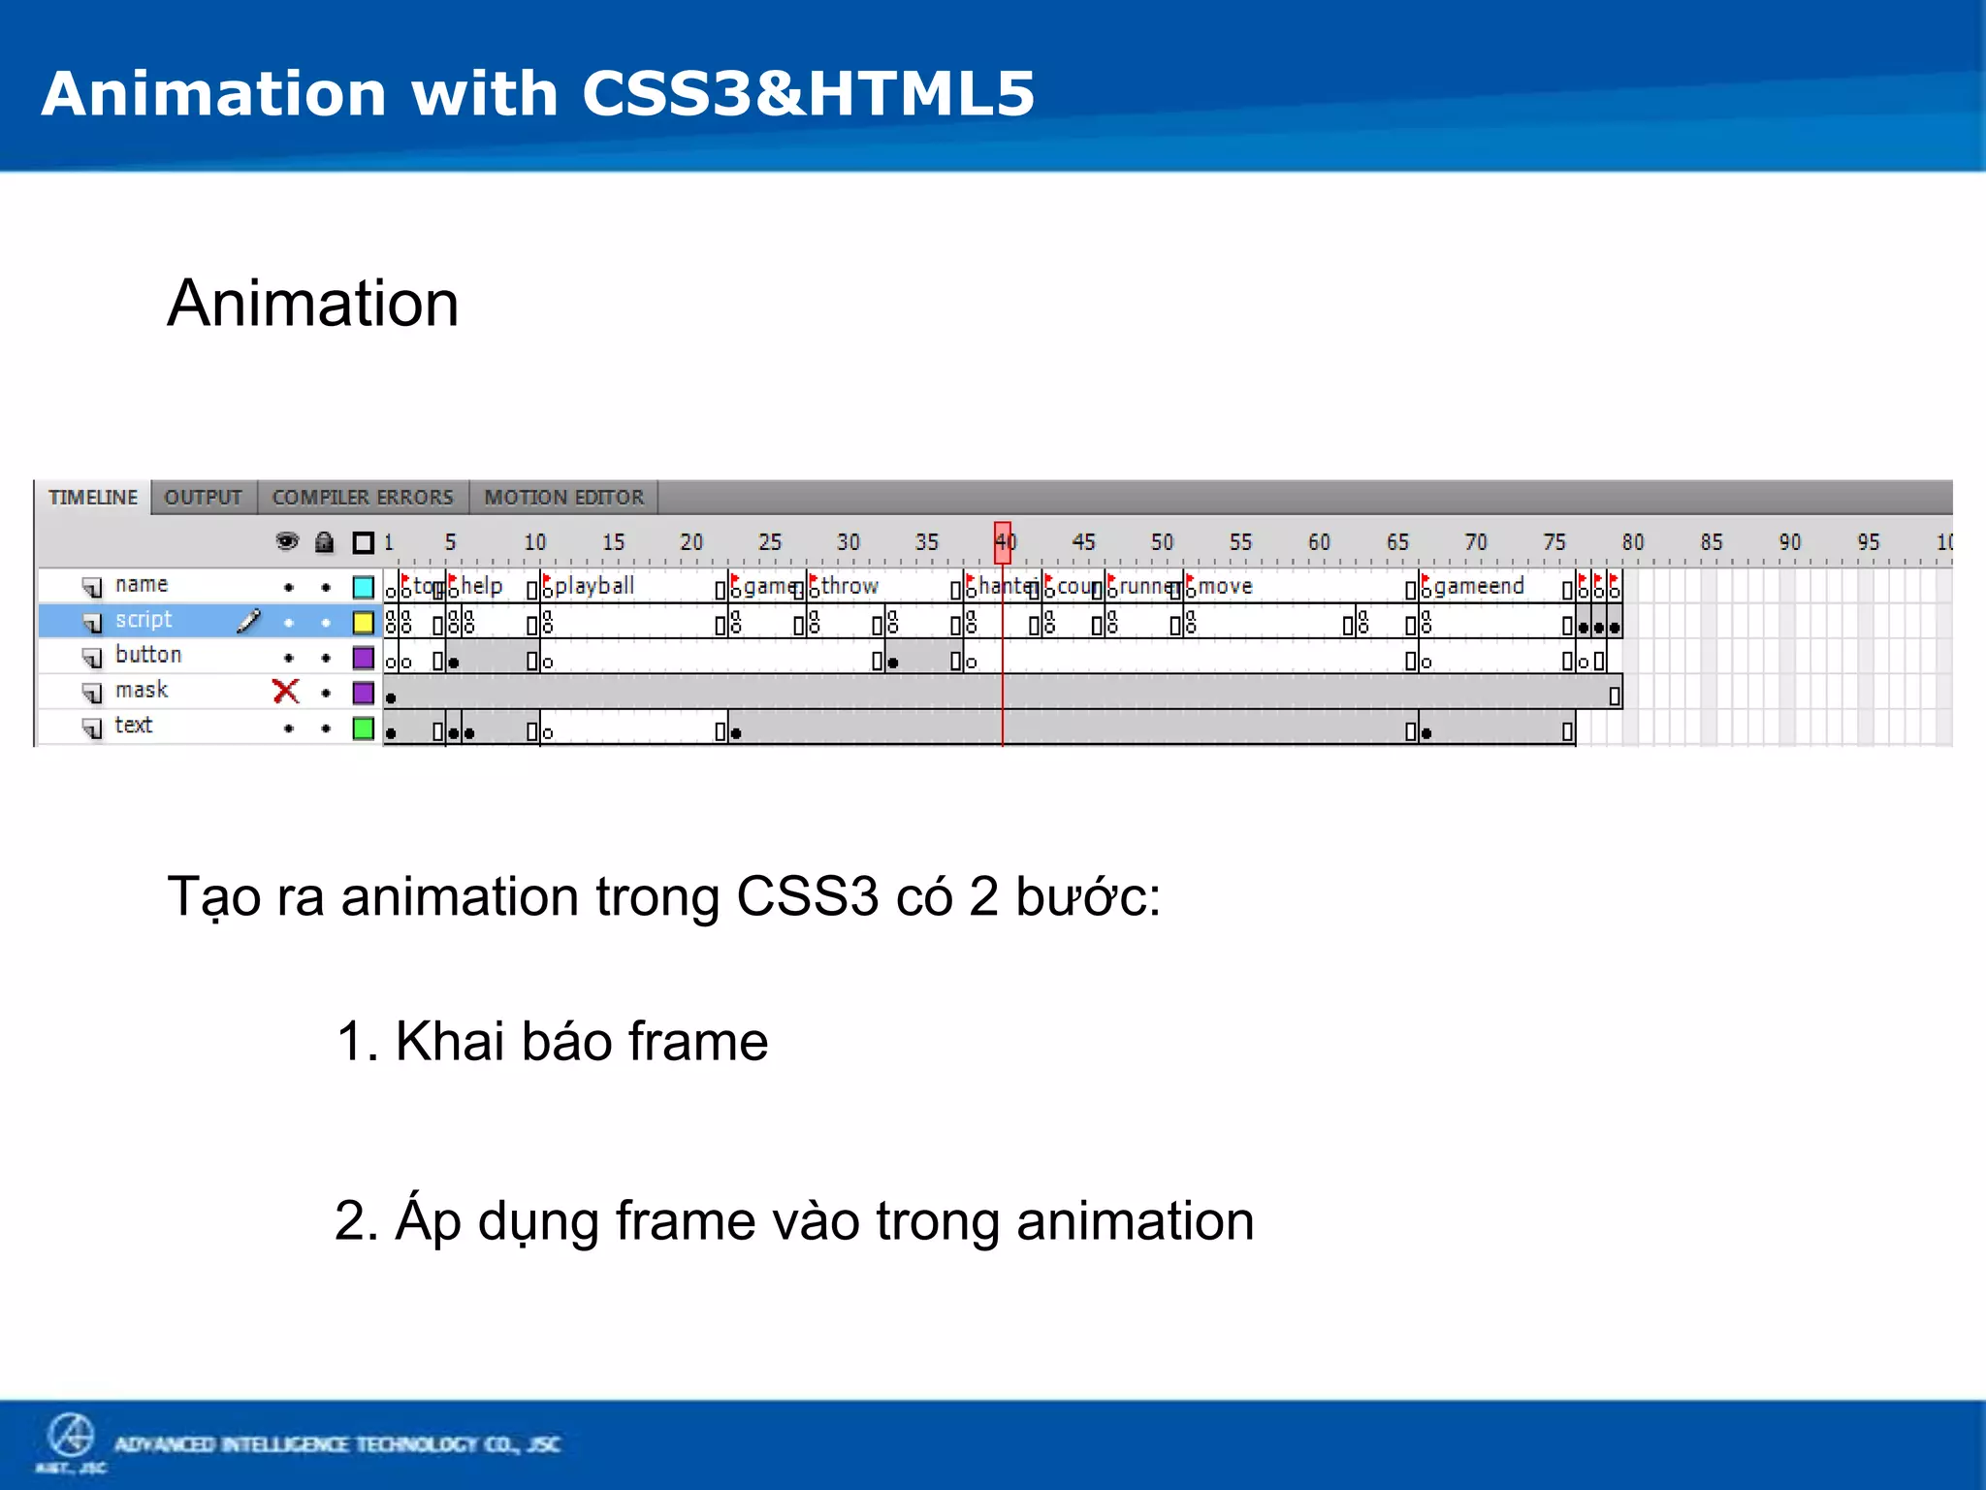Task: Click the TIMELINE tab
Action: [93, 498]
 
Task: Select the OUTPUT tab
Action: [203, 498]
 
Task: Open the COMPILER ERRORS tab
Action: [363, 498]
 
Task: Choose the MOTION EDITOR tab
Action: [563, 498]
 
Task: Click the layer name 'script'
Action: [143, 620]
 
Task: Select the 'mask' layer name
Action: [142, 691]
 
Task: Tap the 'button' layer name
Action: [147, 655]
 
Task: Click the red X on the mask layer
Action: [286, 692]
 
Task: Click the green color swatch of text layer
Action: [364, 728]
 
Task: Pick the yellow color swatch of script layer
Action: [364, 622]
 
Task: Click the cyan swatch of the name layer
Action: [364, 587]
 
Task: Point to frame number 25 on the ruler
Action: [770, 542]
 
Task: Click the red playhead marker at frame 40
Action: [1003, 542]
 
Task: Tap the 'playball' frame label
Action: [593, 586]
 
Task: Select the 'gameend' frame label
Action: [1479, 586]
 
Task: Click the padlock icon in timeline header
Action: [325, 542]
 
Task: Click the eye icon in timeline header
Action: [287, 541]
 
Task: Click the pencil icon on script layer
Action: [249, 621]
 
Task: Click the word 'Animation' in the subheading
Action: [312, 304]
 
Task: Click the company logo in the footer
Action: [71, 1438]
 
